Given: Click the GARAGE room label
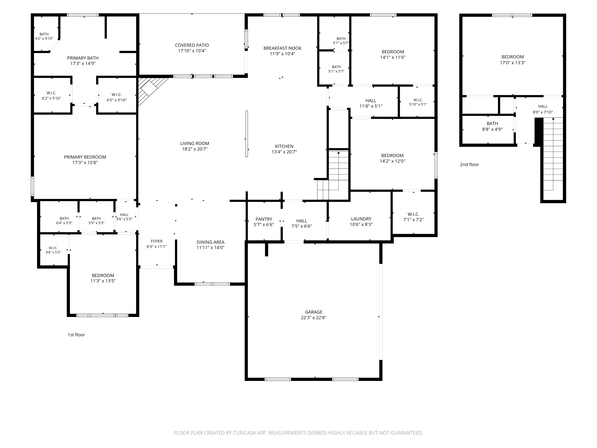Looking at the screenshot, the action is pyautogui.click(x=314, y=312).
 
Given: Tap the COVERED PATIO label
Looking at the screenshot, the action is pyautogui.click(x=192, y=45).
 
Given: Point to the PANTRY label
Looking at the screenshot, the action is pyautogui.click(x=264, y=219).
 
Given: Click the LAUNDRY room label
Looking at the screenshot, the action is pyautogui.click(x=361, y=219).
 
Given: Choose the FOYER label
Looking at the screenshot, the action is pyautogui.click(x=157, y=241).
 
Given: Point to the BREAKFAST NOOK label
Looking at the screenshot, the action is pyautogui.click(x=283, y=48).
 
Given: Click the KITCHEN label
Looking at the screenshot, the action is pyautogui.click(x=284, y=146).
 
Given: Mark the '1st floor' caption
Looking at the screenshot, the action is pyautogui.click(x=76, y=335).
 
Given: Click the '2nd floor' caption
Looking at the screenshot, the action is pyautogui.click(x=469, y=164).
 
